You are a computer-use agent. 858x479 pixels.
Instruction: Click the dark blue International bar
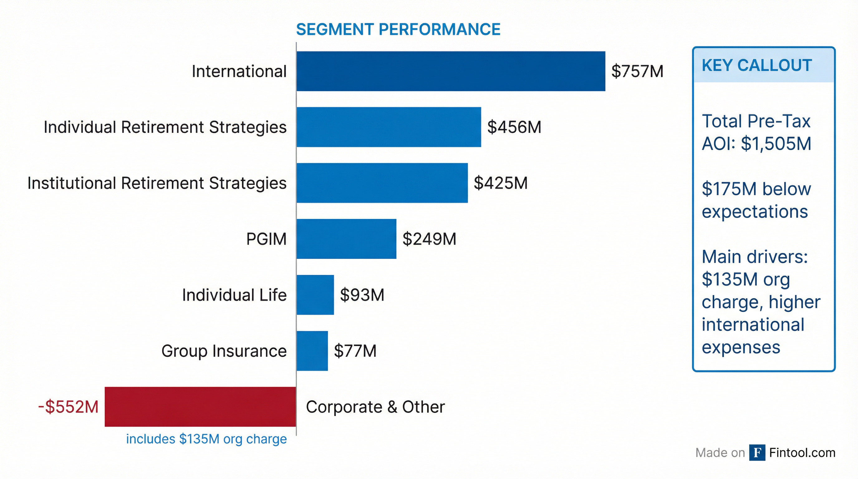[x=451, y=71]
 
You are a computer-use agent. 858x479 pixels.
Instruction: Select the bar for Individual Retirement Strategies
[x=389, y=127]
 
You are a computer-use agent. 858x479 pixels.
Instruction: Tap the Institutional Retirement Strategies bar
[x=382, y=183]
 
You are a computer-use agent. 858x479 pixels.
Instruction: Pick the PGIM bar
[x=346, y=239]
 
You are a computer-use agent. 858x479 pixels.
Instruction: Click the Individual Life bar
[x=315, y=295]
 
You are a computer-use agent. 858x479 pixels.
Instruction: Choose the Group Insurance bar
[x=312, y=351]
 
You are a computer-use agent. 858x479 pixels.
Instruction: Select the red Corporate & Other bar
[x=200, y=407]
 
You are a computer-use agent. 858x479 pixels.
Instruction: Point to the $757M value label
[x=637, y=71]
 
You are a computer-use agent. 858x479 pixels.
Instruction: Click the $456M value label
[x=514, y=127]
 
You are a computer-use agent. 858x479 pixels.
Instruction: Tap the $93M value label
[x=362, y=295]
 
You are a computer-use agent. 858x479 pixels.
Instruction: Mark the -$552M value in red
[x=68, y=407]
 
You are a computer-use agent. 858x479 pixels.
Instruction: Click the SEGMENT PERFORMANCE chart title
[x=398, y=29]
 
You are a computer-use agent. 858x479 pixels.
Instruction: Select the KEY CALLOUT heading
[x=757, y=65]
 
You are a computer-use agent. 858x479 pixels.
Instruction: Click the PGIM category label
[x=266, y=239]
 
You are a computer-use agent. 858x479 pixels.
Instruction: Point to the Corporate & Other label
[x=375, y=407]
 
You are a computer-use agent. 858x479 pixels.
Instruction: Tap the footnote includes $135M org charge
[x=206, y=439]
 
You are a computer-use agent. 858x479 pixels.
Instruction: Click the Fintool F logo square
[x=757, y=453]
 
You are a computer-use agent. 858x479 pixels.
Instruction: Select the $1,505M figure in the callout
[x=776, y=144]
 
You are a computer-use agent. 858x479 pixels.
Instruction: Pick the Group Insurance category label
[x=224, y=351]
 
